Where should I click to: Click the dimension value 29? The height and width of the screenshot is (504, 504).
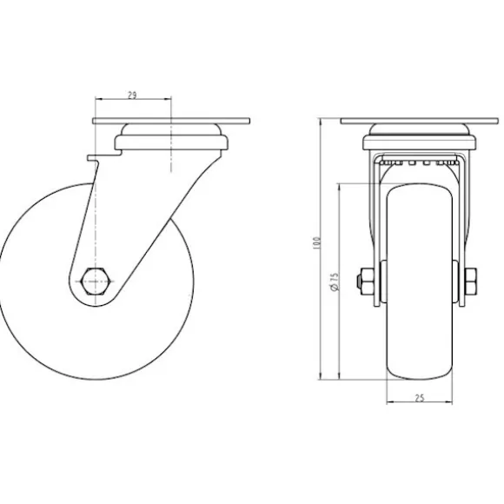pyautogui.click(x=132, y=95)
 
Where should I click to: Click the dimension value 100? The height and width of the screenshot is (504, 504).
pyautogui.click(x=317, y=243)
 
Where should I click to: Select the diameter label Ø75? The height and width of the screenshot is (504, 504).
pyautogui.click(x=335, y=282)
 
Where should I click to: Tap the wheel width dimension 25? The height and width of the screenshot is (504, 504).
pyautogui.click(x=420, y=398)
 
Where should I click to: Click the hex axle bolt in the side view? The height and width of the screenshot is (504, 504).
pyautogui.click(x=96, y=281)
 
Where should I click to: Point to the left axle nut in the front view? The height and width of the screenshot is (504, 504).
pyautogui.click(x=366, y=282)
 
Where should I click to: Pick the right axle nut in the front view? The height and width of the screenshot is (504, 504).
pyautogui.click(x=470, y=282)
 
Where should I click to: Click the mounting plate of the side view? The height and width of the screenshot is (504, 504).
pyautogui.click(x=171, y=121)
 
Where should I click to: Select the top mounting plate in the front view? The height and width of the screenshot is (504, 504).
pyautogui.click(x=420, y=121)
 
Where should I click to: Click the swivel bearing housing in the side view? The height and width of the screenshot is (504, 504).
pyautogui.click(x=171, y=137)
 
